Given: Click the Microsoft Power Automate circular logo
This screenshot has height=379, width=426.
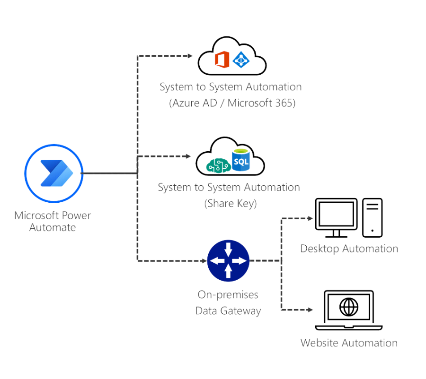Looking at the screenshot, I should point(53,173).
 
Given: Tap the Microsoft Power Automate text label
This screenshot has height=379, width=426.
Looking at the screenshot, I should point(53,221).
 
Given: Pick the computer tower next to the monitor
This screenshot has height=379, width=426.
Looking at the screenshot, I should point(373,216).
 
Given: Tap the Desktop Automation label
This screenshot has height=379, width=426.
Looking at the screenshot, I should point(349,249).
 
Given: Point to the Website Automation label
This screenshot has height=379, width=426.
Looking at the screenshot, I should point(349,343).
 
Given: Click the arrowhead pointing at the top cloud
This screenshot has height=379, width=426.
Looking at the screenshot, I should point(190,56).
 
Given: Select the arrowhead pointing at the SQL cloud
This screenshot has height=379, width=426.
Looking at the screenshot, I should point(188,155).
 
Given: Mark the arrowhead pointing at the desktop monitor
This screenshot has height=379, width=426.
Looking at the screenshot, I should point(310,218).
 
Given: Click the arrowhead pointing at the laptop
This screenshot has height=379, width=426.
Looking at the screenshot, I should point(310,310).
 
